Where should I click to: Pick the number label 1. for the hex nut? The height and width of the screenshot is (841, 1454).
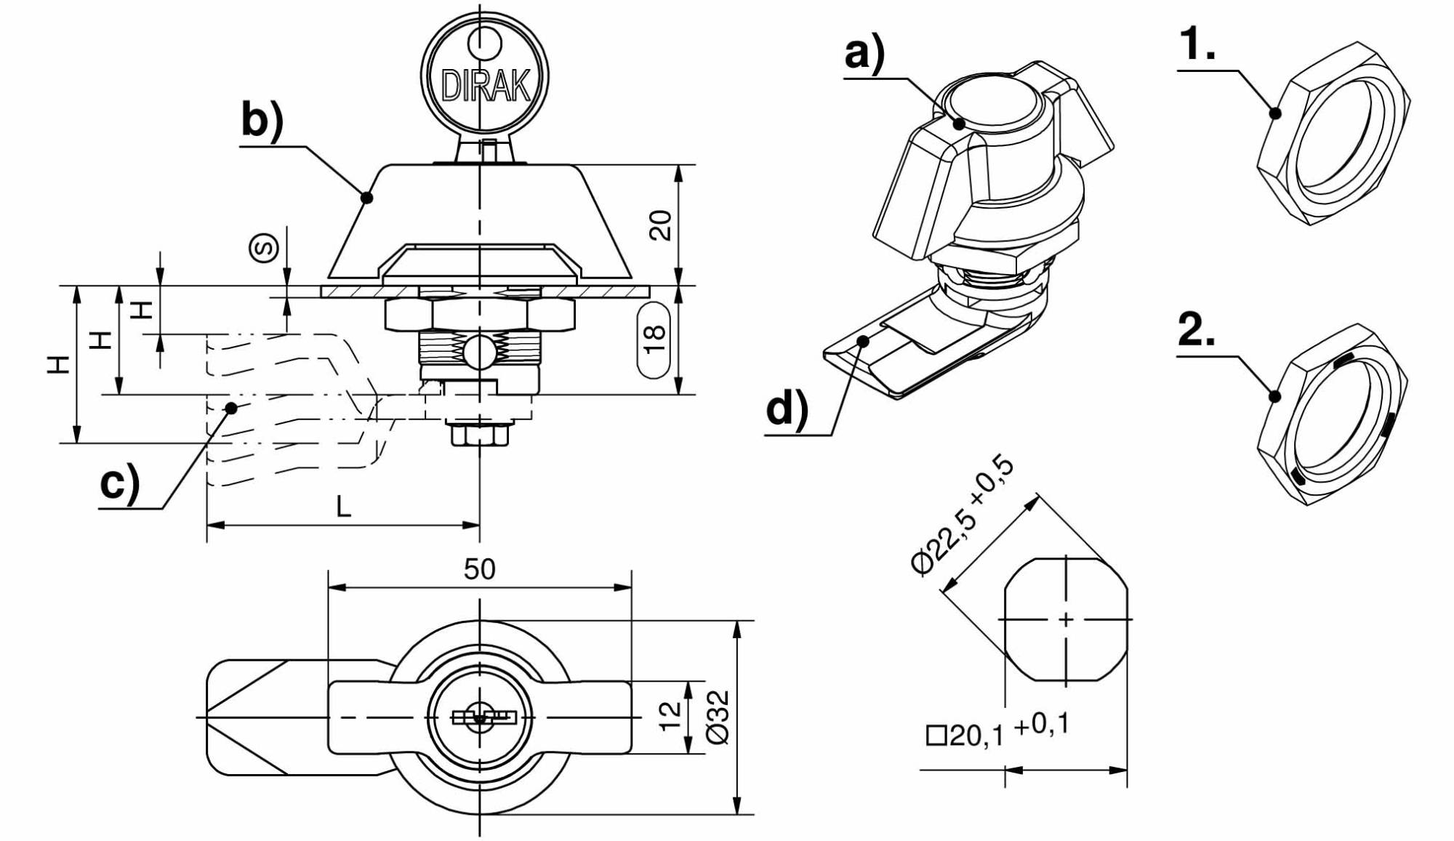pyautogui.click(x=1197, y=44)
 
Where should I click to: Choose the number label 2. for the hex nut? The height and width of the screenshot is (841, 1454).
pyautogui.click(x=1197, y=330)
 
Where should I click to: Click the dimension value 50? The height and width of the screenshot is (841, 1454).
pyautogui.click(x=480, y=569)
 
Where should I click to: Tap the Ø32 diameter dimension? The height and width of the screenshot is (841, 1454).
pyautogui.click(x=718, y=718)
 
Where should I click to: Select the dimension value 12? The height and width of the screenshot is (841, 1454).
pyautogui.click(x=670, y=715)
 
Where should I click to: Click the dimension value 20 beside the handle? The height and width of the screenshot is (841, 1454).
pyautogui.click(x=660, y=225)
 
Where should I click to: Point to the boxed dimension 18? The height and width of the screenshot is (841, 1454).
pyautogui.click(x=654, y=339)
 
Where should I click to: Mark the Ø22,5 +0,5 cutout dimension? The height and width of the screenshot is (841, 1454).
pyautogui.click(x=963, y=518)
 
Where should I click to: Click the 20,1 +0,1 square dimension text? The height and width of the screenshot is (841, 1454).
pyautogui.click(x=997, y=731)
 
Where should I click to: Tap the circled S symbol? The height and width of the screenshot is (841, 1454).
pyautogui.click(x=265, y=248)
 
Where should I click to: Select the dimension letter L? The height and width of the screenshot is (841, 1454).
pyautogui.click(x=344, y=507)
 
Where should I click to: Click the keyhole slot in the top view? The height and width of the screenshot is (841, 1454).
pyautogui.click(x=483, y=717)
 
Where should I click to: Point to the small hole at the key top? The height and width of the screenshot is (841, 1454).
pyautogui.click(x=485, y=43)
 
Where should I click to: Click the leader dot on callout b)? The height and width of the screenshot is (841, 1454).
pyautogui.click(x=367, y=197)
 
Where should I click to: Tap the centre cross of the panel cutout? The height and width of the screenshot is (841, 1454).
pyautogui.click(x=1066, y=620)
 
